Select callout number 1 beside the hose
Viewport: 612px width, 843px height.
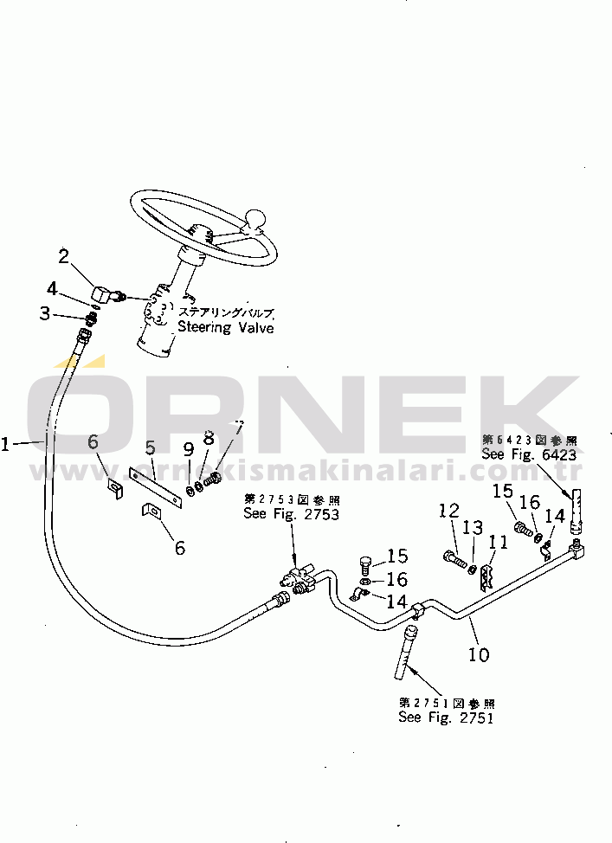[7, 444]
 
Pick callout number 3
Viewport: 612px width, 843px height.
[46, 313]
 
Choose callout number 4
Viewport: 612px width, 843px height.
[53, 287]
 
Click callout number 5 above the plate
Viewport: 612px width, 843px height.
[150, 448]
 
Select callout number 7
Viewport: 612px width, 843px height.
[240, 429]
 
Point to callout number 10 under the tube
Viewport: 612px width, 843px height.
[478, 653]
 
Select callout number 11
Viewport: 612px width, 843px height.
[499, 543]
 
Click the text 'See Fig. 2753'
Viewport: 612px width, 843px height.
[291, 513]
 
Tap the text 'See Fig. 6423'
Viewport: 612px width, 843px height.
[529, 455]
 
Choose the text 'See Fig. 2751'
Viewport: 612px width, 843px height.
[446, 717]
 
